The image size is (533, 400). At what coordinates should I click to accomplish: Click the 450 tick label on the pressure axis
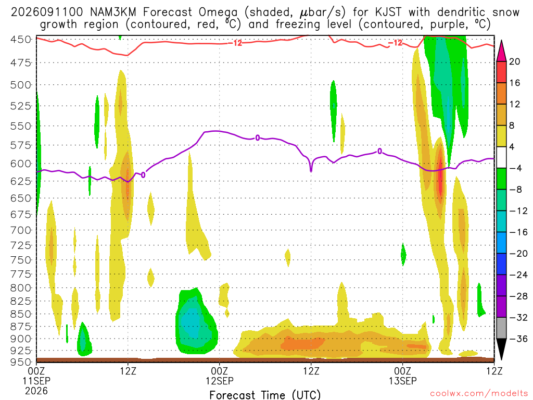(21, 40)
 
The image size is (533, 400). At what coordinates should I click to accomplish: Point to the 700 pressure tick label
(21, 230)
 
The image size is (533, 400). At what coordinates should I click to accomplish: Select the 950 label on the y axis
(21, 362)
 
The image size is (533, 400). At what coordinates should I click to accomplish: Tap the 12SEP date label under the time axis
(220, 381)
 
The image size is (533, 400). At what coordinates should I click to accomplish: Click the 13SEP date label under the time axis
(403, 381)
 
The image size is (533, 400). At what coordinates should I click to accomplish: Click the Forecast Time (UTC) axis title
(265, 395)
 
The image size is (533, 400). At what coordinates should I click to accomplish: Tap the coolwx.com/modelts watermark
(479, 393)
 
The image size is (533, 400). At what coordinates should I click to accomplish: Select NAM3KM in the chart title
(113, 12)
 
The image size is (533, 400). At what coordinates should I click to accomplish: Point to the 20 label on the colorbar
(515, 61)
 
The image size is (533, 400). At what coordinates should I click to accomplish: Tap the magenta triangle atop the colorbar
(501, 51)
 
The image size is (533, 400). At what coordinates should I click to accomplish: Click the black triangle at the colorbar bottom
(501, 349)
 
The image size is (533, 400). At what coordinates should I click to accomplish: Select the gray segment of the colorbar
(501, 328)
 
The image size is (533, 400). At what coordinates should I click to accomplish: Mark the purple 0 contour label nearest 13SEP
(379, 152)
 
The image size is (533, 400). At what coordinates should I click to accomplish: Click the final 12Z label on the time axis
(494, 371)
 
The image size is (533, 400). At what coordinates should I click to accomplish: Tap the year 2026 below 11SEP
(36, 391)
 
